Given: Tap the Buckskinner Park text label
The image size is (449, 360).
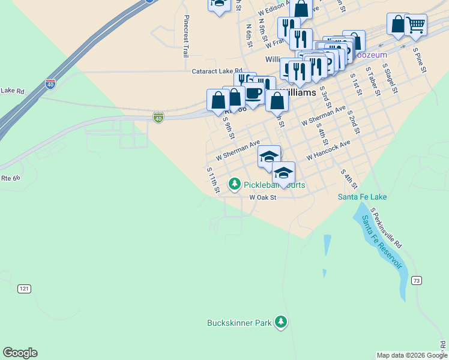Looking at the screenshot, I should point(240,323).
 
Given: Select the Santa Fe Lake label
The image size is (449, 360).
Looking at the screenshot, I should point(362,197).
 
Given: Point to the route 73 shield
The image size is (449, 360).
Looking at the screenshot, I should point(416,280).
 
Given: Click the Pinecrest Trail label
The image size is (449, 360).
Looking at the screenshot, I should point(186,36).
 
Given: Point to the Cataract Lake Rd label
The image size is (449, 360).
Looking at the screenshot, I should point(217,71).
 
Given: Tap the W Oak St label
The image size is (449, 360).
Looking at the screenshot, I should point(263,197).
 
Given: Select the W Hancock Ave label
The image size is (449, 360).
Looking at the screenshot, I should point(328,150).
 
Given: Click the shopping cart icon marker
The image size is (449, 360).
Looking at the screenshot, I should point(415,25).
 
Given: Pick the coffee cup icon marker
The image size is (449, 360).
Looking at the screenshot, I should point(254,94).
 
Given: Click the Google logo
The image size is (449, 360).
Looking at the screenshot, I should point(20,353).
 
